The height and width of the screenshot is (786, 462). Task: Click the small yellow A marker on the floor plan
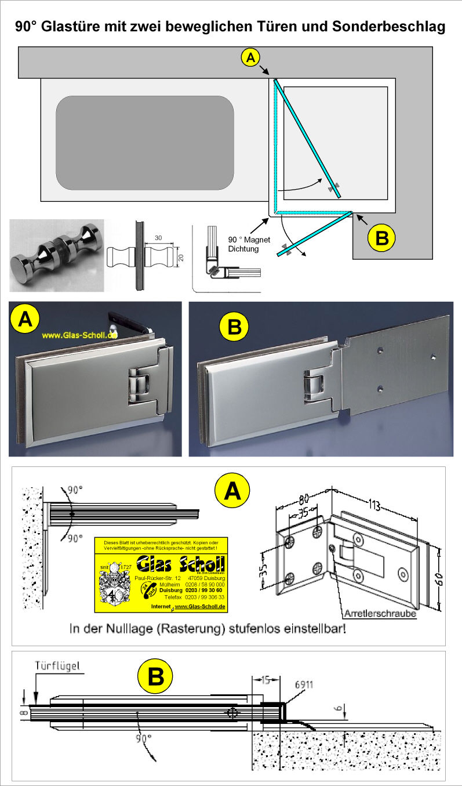pyautogui.click(x=250, y=57)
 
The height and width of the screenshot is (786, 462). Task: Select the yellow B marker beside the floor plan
pyautogui.click(x=383, y=238)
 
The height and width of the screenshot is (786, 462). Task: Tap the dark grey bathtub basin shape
pyautogui.click(x=144, y=143)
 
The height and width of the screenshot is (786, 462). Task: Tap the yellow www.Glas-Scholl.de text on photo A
pyautogui.click(x=79, y=335)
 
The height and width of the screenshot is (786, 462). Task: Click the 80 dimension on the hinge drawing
pyautogui.click(x=299, y=498)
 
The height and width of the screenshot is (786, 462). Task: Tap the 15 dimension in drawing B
pyautogui.click(x=265, y=679)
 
